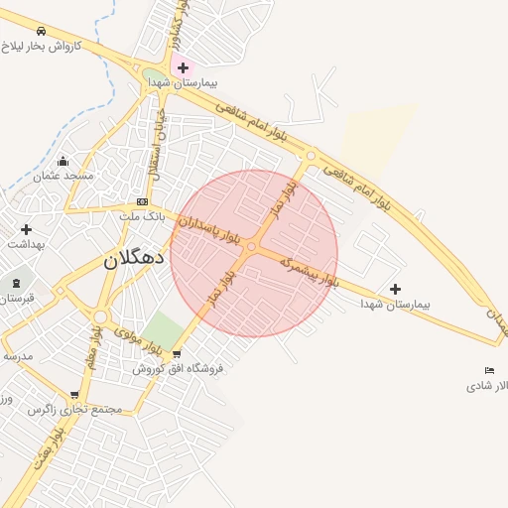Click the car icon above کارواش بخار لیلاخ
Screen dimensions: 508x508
[41, 31]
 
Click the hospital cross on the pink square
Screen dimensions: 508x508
[183, 67]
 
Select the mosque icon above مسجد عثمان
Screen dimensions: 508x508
[63, 161]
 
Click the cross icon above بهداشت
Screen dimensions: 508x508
[26, 229]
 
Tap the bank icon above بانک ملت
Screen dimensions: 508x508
[142, 201]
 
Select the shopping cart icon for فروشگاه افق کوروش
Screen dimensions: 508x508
[177, 353]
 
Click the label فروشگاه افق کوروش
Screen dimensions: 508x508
[179, 368]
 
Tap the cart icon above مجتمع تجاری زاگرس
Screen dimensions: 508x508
[74, 394]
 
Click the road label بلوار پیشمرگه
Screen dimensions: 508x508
[309, 272]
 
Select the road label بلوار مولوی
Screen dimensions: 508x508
[138, 340]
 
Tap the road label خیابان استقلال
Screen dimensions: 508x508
[156, 145]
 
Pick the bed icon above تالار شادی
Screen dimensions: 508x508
[489, 370]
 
